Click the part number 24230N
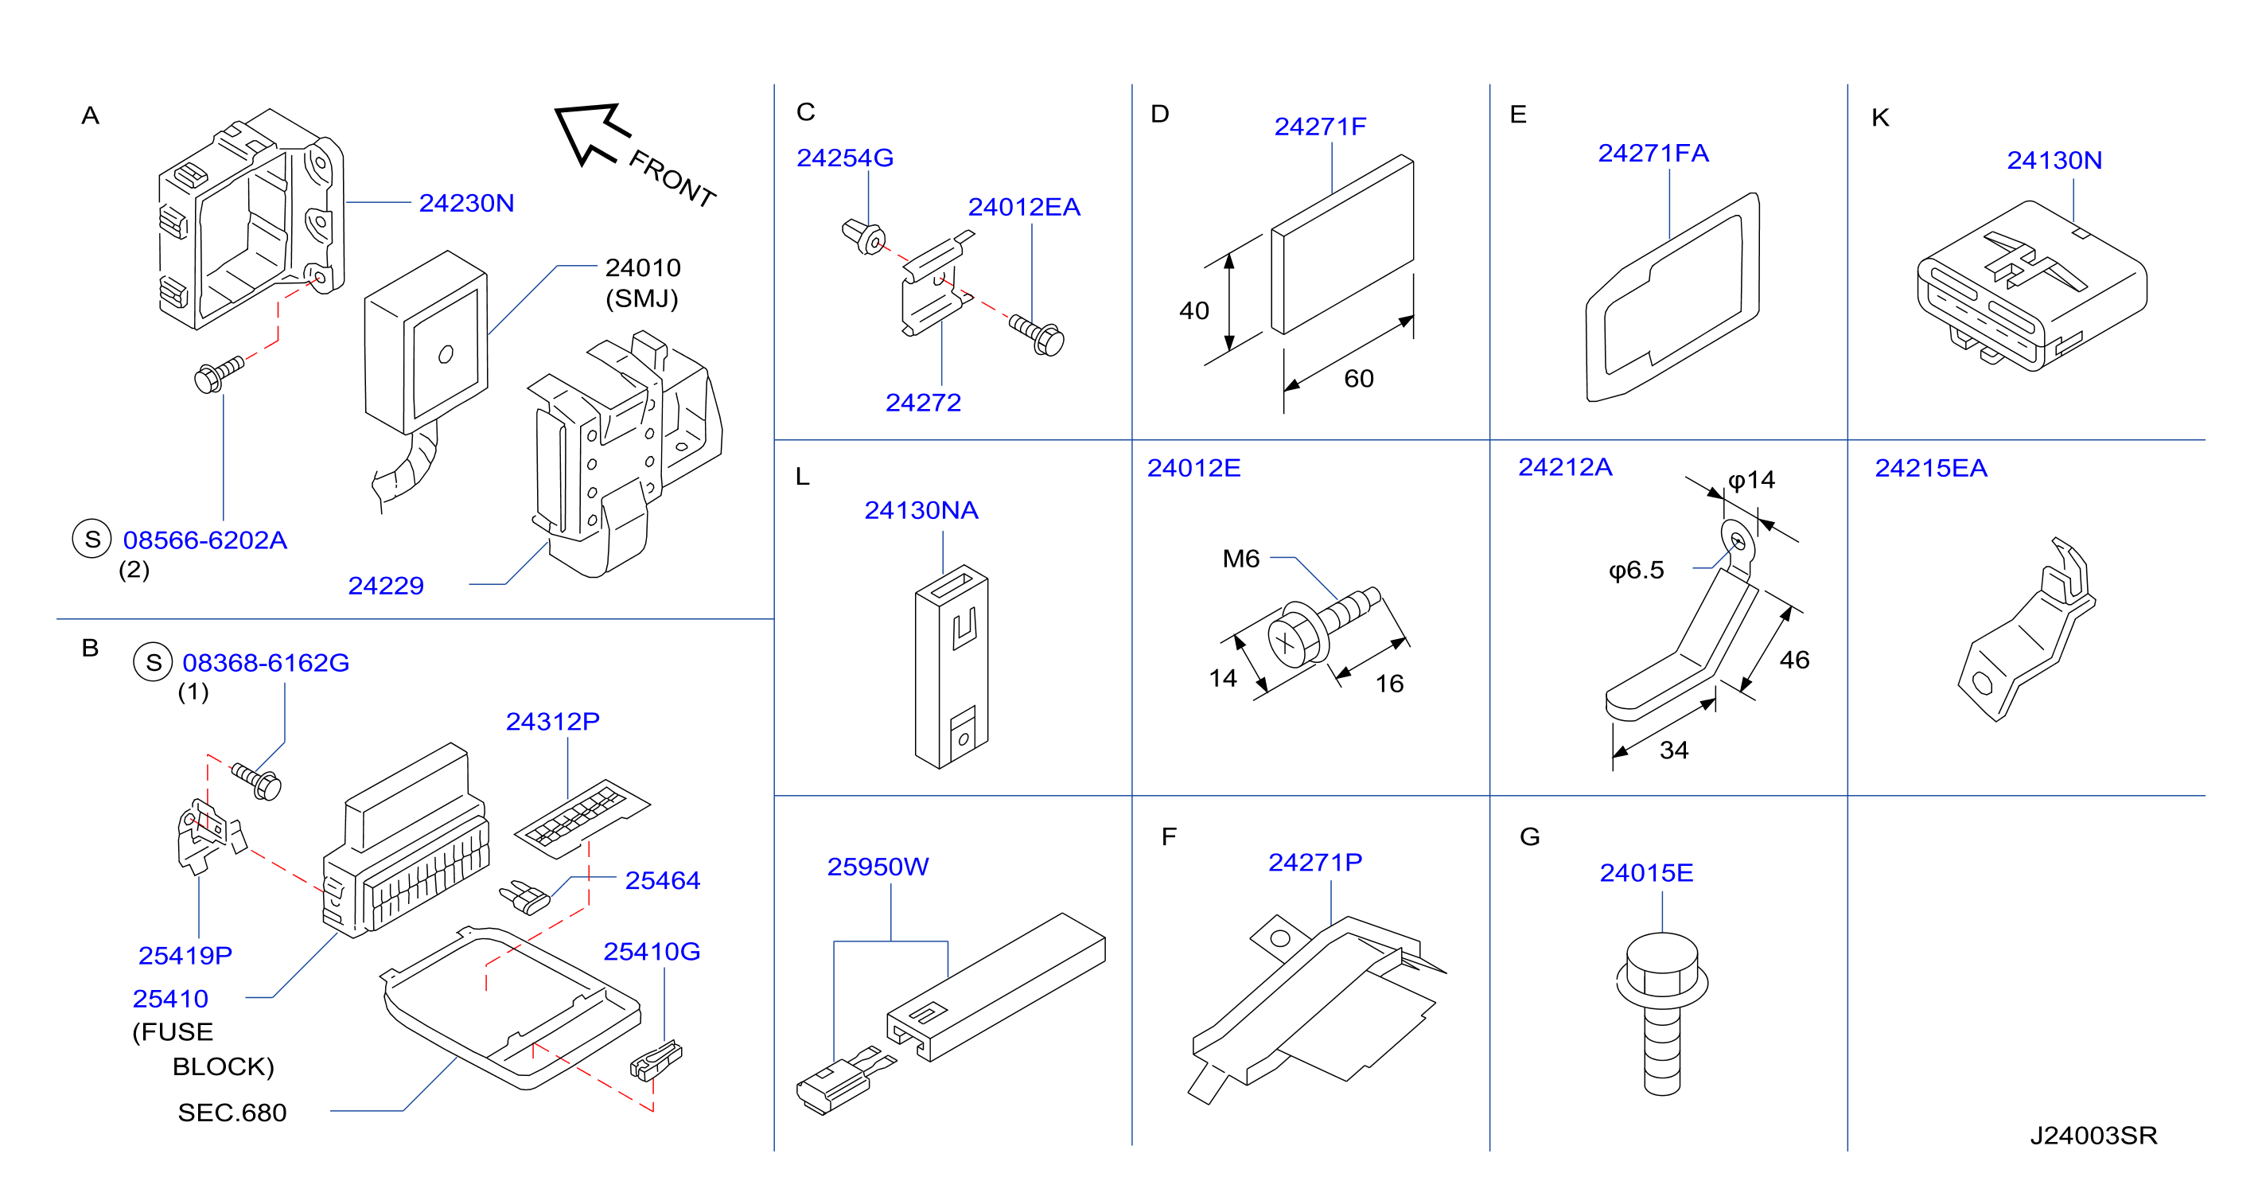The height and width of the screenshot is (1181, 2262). [466, 203]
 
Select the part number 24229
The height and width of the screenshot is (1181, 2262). [386, 586]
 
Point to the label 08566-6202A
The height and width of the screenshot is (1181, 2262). [204, 540]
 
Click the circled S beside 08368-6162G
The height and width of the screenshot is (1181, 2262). [153, 662]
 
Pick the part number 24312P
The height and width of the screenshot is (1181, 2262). [552, 721]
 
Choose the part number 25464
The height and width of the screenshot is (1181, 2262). [662, 880]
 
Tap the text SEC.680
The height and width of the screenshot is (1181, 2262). [232, 1113]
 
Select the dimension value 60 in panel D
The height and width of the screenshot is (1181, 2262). [1358, 379]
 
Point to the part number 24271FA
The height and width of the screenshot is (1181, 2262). [1653, 153]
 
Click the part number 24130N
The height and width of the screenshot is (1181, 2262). [2054, 160]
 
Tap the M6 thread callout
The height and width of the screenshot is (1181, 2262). [1240, 559]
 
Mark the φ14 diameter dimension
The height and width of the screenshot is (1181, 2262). [1751, 481]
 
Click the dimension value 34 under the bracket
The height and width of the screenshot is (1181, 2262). [1674, 750]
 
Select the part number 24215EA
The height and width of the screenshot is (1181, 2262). [1931, 468]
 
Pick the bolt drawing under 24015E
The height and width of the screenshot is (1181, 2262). [1661, 1012]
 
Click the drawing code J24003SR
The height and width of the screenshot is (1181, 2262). [2093, 1136]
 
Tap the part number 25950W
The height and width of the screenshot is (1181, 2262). [878, 867]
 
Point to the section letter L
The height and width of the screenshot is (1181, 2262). [802, 477]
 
